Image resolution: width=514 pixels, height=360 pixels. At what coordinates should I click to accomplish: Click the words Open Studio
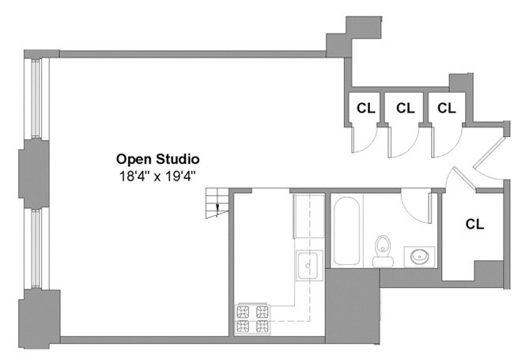(157, 158)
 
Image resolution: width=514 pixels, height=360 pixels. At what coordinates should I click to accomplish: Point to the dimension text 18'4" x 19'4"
(157, 176)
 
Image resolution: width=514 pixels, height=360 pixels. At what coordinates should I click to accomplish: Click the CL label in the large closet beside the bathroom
(474, 224)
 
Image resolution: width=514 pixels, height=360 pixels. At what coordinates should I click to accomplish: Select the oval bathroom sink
(418, 256)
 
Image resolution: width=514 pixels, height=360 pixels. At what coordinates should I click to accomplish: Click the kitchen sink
(307, 265)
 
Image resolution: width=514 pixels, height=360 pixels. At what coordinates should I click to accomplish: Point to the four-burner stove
(252, 318)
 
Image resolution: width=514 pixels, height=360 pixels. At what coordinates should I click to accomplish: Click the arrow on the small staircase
(218, 208)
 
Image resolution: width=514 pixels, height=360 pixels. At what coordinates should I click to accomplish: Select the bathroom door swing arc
(415, 207)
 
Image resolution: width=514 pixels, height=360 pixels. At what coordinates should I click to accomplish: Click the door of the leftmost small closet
(363, 140)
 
